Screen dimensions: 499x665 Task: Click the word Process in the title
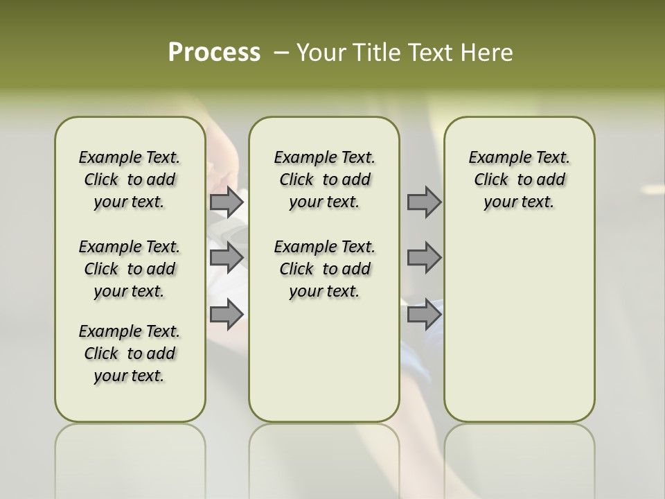pos(214,53)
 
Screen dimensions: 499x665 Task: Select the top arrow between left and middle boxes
pos(227,202)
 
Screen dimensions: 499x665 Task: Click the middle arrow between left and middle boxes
pos(227,258)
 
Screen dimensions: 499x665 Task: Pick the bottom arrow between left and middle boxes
pos(227,314)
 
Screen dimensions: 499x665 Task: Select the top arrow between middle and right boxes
pos(424,202)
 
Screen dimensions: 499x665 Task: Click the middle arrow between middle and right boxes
pos(424,258)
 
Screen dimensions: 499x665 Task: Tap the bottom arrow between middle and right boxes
pos(424,314)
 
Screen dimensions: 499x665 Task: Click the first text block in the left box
pos(130,180)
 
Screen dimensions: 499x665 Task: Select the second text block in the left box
pos(130,269)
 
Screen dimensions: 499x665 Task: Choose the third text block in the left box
pos(130,353)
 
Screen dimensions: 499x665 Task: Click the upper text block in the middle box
pos(324,180)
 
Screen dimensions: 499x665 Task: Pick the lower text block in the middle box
pos(324,269)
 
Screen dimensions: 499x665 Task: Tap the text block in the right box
pos(519,180)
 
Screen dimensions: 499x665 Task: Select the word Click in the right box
pos(491,180)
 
